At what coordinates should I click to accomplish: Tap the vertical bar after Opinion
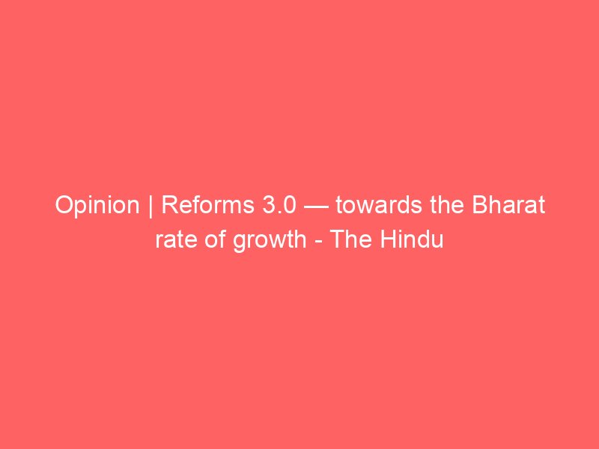(x=150, y=207)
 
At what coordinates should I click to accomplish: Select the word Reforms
(x=208, y=204)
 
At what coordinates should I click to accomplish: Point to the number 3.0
(x=279, y=205)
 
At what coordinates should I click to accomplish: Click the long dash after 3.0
(x=316, y=207)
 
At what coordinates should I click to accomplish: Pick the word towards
(x=380, y=204)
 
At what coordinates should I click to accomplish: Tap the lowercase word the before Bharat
(x=447, y=204)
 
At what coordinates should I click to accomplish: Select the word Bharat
(x=508, y=204)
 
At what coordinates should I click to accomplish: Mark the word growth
(x=270, y=241)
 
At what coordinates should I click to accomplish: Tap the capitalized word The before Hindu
(x=350, y=239)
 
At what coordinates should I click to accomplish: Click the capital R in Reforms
(x=170, y=205)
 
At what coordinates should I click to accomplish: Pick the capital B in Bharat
(x=480, y=205)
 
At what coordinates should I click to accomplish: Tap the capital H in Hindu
(x=388, y=239)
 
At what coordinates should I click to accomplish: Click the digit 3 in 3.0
(x=269, y=205)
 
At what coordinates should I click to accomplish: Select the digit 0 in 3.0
(x=289, y=205)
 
